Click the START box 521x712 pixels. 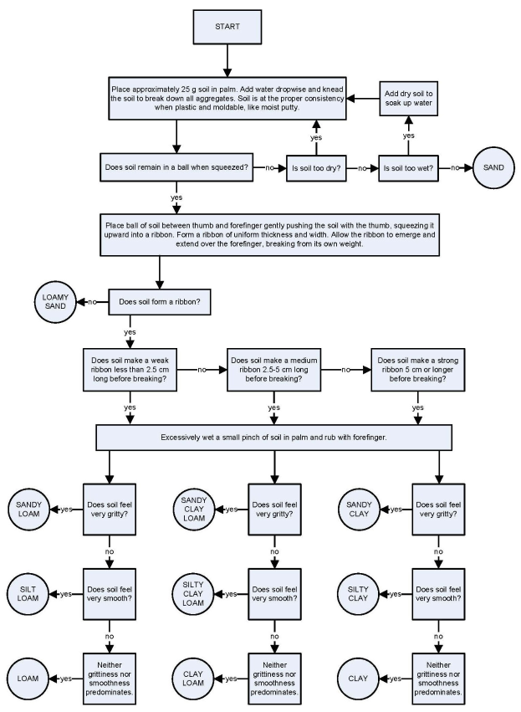[x=227, y=27]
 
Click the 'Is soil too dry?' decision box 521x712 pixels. [x=316, y=167]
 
